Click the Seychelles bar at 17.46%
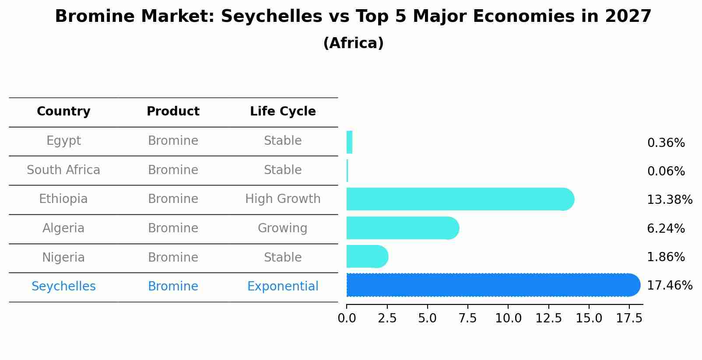click(x=492, y=285)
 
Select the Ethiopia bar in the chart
click(x=460, y=199)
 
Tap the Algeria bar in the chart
click(x=402, y=228)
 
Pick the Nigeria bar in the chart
click(x=367, y=256)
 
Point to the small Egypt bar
click(x=349, y=142)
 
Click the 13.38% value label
click(x=669, y=200)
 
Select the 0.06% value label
click(x=666, y=171)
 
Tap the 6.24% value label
click(x=666, y=228)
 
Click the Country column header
click(x=63, y=112)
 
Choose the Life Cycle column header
click(x=283, y=112)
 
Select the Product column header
click(x=173, y=112)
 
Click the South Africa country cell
click(x=63, y=170)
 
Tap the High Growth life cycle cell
click(x=283, y=199)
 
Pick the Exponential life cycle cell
click(x=283, y=287)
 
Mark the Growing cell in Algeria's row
click(x=283, y=228)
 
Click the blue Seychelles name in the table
click(x=63, y=287)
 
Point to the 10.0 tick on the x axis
click(x=508, y=318)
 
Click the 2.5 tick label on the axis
click(x=387, y=318)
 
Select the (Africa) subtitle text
click(x=353, y=43)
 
